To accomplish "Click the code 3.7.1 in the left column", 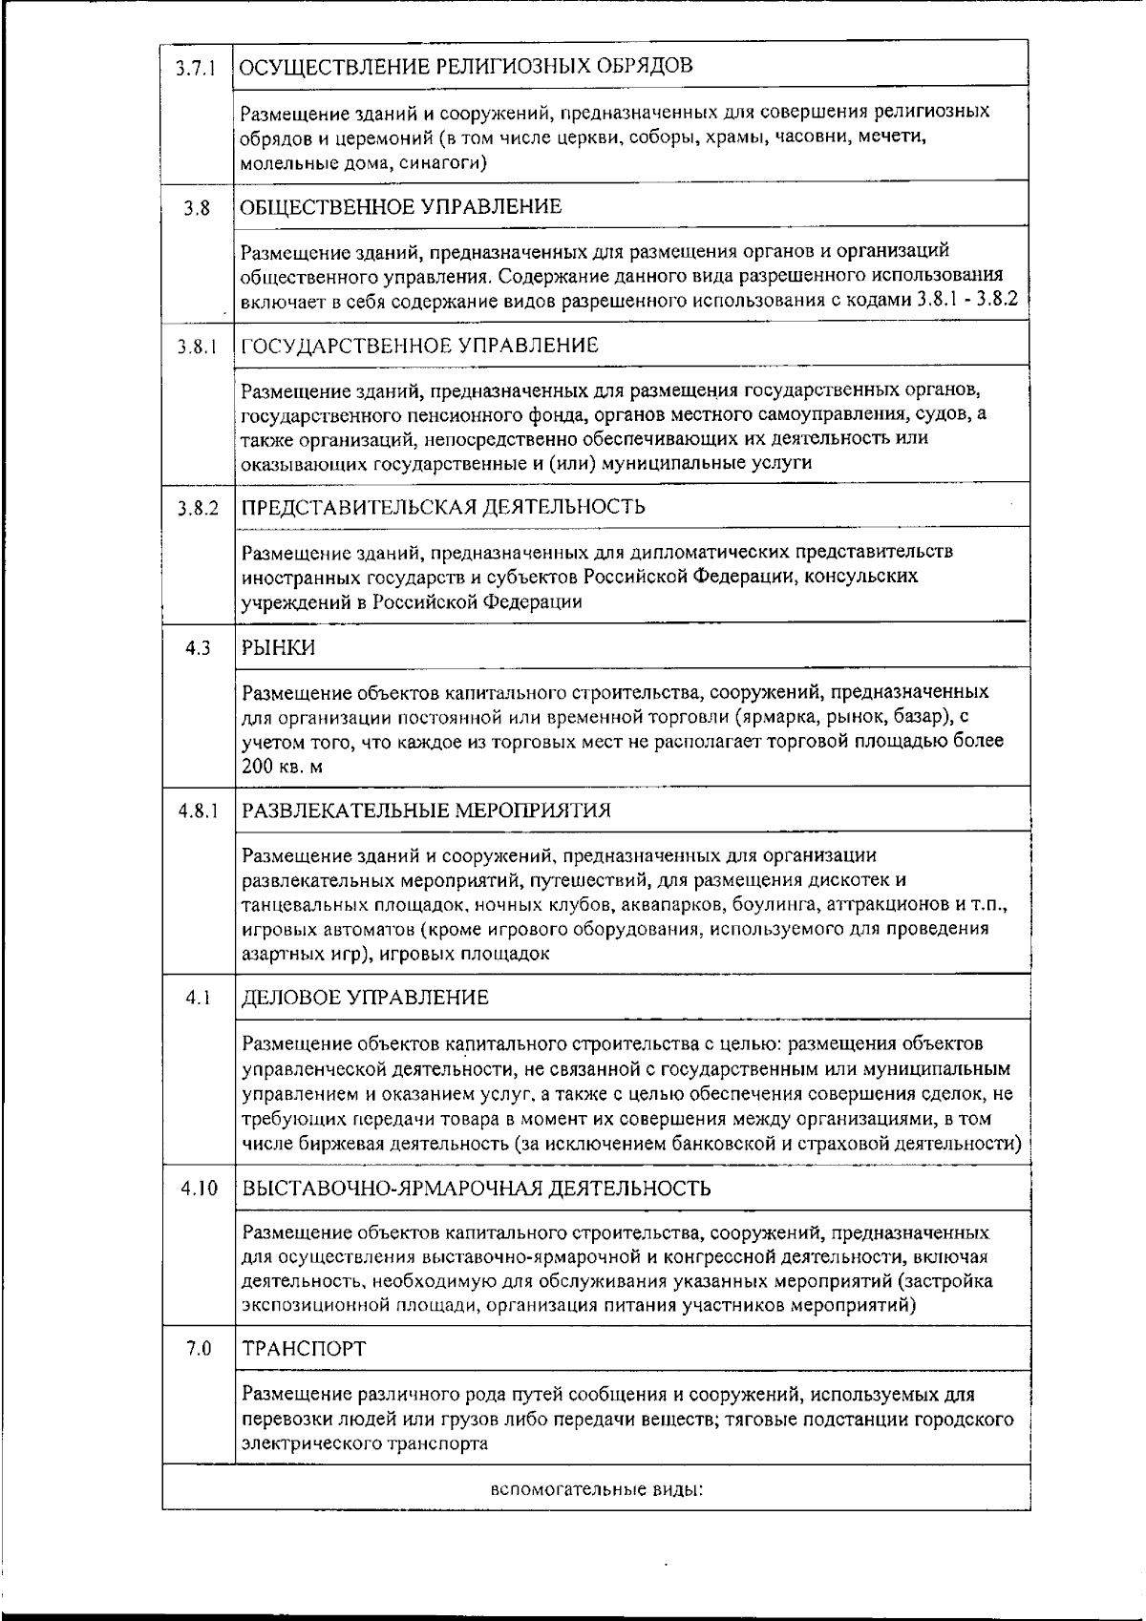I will click(x=198, y=69).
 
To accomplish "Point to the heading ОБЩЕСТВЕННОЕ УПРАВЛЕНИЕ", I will click(x=401, y=207).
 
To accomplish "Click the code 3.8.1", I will click(x=198, y=347).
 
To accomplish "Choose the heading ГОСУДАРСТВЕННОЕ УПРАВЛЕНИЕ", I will click(x=419, y=346).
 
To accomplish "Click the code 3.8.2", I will click(x=198, y=509).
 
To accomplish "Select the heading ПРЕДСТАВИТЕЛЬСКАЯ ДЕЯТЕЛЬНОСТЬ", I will click(x=443, y=507).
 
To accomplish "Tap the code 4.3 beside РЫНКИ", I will click(x=198, y=649).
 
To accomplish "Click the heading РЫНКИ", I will click(x=278, y=648).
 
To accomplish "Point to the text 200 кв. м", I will click(x=284, y=766).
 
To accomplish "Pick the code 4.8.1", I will click(x=198, y=811).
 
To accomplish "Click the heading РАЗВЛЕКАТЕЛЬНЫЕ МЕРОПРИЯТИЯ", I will click(x=426, y=810).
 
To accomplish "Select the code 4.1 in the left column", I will click(x=198, y=999).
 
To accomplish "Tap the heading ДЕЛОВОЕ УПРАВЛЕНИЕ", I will click(x=365, y=998).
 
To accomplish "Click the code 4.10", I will click(x=199, y=1189).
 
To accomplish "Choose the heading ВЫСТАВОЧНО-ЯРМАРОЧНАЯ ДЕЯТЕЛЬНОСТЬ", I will click(x=477, y=1189).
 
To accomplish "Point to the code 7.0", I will click(x=198, y=1350).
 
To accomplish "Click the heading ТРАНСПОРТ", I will click(x=304, y=1349).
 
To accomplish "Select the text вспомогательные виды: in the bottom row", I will click(x=596, y=1488).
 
